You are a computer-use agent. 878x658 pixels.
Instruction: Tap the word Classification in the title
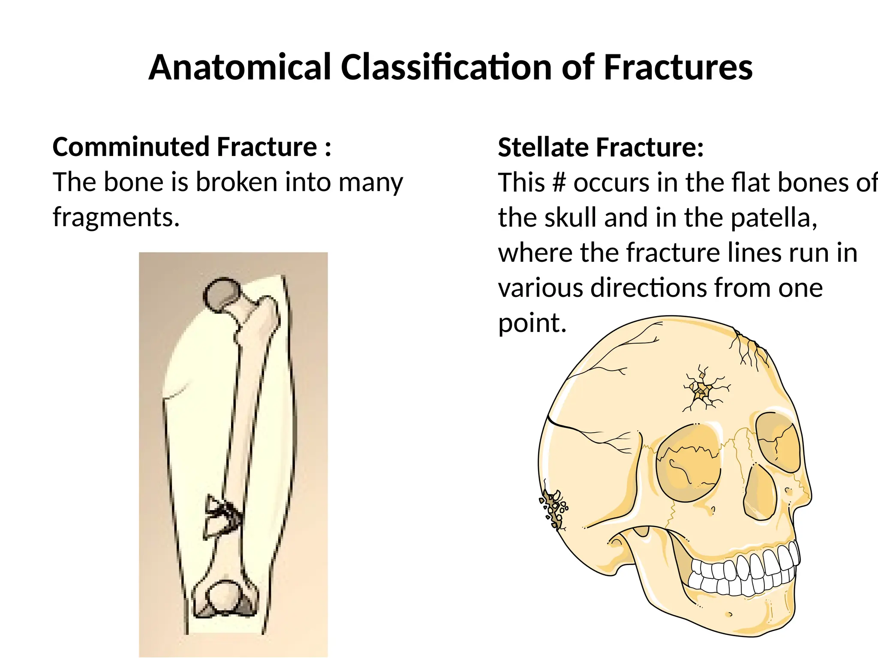coord(446,68)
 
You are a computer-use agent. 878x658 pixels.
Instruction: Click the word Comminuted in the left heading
coord(131,147)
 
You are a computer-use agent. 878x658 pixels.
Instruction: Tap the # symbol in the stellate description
coord(559,182)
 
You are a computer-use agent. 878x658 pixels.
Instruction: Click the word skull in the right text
coord(570,218)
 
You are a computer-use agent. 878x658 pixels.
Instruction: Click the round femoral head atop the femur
coord(222,293)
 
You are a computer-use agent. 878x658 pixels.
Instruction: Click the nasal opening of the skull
coord(761,493)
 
